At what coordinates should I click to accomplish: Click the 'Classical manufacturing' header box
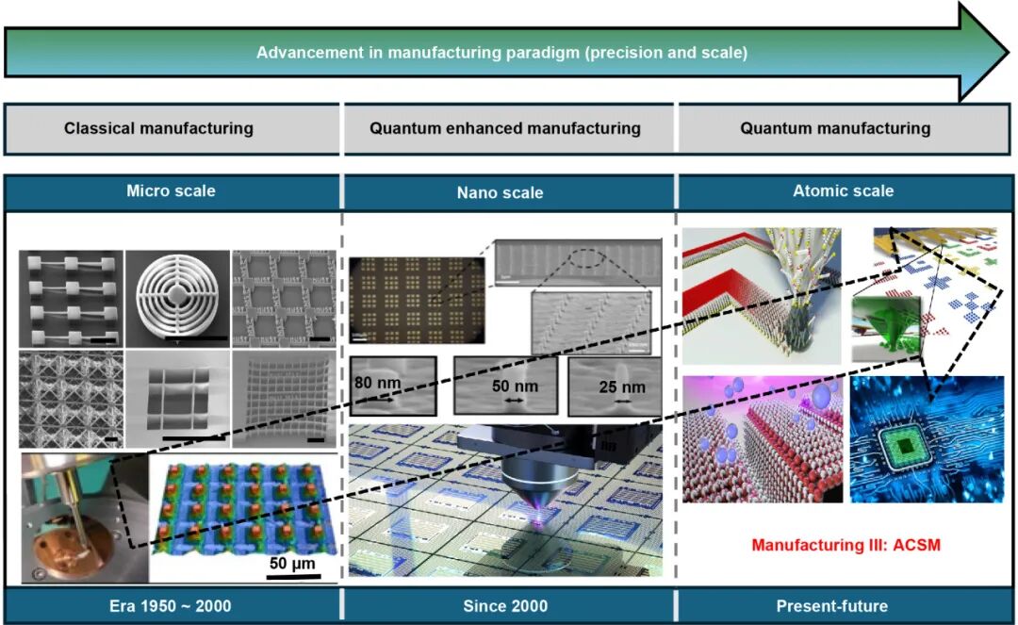(x=158, y=128)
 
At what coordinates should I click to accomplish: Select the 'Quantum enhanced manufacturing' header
(x=505, y=128)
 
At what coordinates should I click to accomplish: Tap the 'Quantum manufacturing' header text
(x=835, y=128)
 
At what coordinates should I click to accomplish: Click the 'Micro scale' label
(x=171, y=191)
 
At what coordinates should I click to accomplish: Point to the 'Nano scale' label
(x=505, y=192)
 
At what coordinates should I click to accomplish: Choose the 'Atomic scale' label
(x=843, y=190)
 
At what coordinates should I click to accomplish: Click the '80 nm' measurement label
(x=376, y=384)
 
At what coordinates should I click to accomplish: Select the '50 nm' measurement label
(x=514, y=387)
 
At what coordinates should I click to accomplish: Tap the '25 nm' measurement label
(x=622, y=387)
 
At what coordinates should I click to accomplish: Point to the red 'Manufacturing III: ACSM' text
(x=846, y=544)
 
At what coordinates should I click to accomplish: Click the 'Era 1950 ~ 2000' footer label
(x=171, y=605)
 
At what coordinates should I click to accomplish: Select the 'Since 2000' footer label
(x=505, y=605)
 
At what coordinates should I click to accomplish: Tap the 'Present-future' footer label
(x=831, y=605)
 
